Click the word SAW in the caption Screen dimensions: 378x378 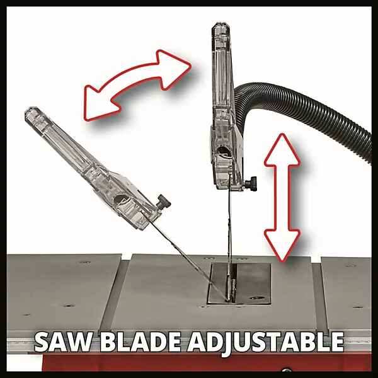tap(64, 342)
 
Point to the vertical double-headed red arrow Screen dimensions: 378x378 tap(282, 198)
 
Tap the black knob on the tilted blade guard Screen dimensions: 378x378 tap(163, 202)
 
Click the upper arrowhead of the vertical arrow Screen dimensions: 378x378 tap(282, 149)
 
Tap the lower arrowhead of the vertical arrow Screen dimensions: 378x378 tap(282, 244)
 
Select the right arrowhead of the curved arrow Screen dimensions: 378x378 tap(174, 69)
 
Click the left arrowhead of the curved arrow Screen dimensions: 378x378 tap(99, 104)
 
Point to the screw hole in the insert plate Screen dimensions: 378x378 tap(257, 298)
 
